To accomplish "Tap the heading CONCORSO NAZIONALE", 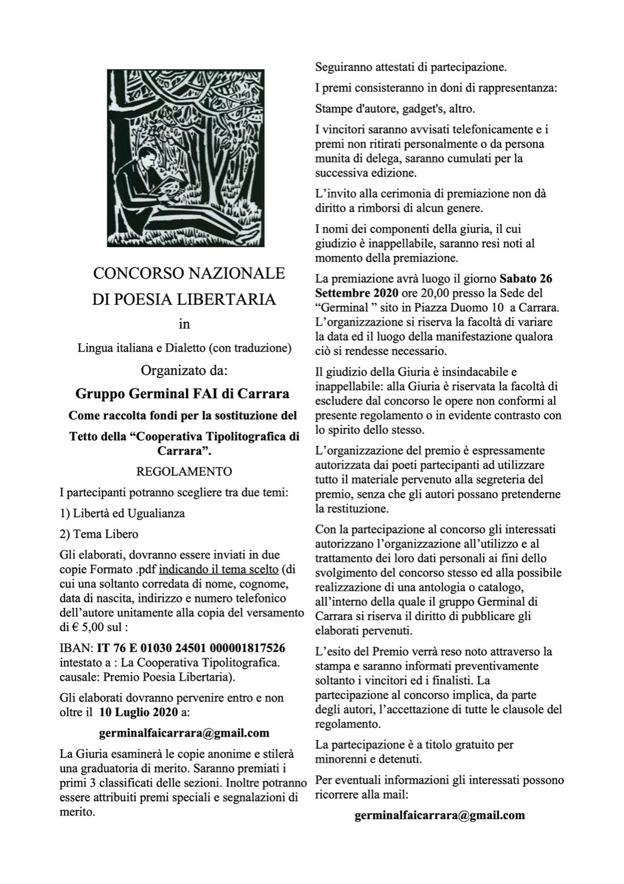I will click(x=189, y=273).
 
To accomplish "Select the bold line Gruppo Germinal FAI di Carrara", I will click(x=183, y=394).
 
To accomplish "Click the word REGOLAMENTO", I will click(x=184, y=472).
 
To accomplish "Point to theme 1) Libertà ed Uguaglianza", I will click(x=122, y=514).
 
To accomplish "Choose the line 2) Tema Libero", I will click(x=99, y=534).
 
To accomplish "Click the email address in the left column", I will click(x=184, y=733).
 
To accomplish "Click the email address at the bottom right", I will click(x=440, y=815).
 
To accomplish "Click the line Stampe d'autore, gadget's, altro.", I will click(x=395, y=109).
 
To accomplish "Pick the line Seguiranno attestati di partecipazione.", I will click(x=411, y=67).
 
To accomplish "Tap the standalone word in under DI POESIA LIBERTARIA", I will click(x=184, y=323).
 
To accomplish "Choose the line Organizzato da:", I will click(x=184, y=370).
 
